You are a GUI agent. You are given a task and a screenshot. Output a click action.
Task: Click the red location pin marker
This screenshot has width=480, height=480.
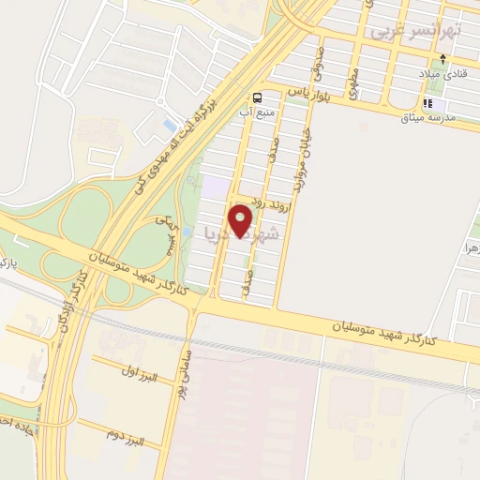pos(242,220)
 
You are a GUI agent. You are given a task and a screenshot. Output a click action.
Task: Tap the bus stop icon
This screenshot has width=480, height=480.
pos(256,97)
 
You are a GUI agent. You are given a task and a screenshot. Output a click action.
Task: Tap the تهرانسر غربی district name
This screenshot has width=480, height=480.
pos(415,31)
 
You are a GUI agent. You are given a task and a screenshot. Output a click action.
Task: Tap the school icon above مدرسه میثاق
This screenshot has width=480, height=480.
pos(428,103)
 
